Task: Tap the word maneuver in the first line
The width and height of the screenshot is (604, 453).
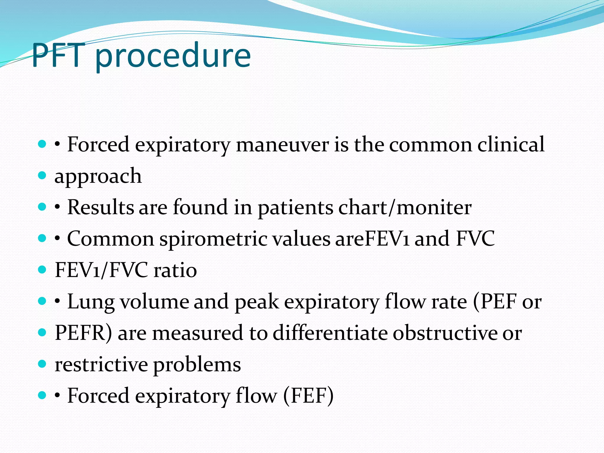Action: pos(282,145)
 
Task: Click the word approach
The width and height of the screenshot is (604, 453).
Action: pos(98,177)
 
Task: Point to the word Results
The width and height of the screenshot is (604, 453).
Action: pos(101,207)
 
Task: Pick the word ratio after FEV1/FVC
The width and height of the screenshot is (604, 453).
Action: pos(175,270)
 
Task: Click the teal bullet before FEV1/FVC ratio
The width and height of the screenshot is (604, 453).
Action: pos(42,270)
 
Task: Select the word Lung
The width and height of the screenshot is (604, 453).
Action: pos(91,302)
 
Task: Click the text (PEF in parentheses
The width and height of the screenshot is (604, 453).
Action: pos(495,302)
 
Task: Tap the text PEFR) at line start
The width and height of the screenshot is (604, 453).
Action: pos(83,333)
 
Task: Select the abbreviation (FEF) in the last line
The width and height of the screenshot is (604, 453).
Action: pos(308,396)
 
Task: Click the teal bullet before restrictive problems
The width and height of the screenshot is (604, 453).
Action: pos(42,364)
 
